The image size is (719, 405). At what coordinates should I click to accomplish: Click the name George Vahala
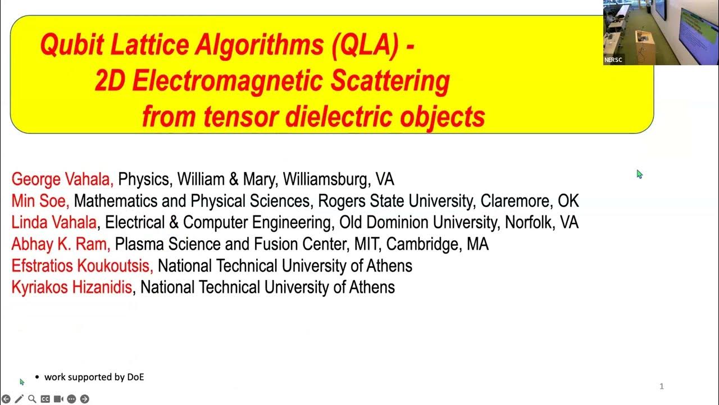pyautogui.click(x=62, y=179)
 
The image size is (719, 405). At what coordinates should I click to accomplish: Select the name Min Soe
pyautogui.click(x=39, y=201)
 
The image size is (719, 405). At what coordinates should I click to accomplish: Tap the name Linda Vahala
pyautogui.click(x=54, y=222)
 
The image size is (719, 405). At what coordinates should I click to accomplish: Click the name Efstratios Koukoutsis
pyautogui.click(x=81, y=265)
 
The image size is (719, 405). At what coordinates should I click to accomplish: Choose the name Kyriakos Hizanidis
pyautogui.click(x=71, y=287)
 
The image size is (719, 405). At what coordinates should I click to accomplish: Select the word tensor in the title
pyautogui.click(x=243, y=116)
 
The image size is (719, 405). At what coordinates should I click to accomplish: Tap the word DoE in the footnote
pyautogui.click(x=135, y=377)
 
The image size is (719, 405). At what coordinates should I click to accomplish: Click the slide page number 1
pyautogui.click(x=662, y=386)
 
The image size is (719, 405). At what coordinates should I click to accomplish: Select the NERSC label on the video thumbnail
pyautogui.click(x=613, y=60)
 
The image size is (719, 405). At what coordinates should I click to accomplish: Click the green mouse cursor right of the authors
pyautogui.click(x=639, y=174)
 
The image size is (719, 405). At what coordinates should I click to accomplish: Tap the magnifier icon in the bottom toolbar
pyautogui.click(x=32, y=399)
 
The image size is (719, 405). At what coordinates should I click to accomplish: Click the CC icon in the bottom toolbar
pyautogui.click(x=45, y=399)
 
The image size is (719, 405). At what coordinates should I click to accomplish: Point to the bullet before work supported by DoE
pyautogui.click(x=37, y=377)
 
